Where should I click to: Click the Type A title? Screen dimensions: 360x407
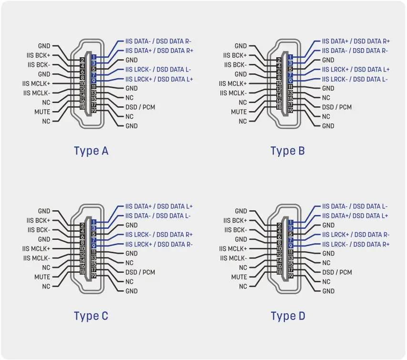click(91, 151)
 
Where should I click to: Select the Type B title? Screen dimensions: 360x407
click(287, 151)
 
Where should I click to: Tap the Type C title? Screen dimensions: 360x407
click(91, 316)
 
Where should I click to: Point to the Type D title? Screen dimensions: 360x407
click(287, 316)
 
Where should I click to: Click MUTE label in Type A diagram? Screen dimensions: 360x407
click(42, 112)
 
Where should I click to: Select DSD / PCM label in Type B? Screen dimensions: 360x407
click(337, 107)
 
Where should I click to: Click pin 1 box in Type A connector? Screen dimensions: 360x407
click(94, 57)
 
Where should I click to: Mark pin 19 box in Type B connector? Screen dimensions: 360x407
click(291, 111)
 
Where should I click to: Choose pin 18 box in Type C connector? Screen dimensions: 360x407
click(82, 272)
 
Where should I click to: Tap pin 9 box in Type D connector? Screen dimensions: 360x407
click(291, 246)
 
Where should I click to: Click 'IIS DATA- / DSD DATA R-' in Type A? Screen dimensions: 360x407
click(158, 41)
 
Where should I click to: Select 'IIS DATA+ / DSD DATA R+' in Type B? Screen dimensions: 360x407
click(355, 41)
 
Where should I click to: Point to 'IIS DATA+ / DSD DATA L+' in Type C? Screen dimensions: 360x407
click(159, 206)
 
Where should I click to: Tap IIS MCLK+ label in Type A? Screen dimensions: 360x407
click(36, 83)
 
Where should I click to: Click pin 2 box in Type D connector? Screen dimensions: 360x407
click(279, 225)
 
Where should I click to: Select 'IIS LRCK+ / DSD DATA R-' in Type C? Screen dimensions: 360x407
click(159, 244)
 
